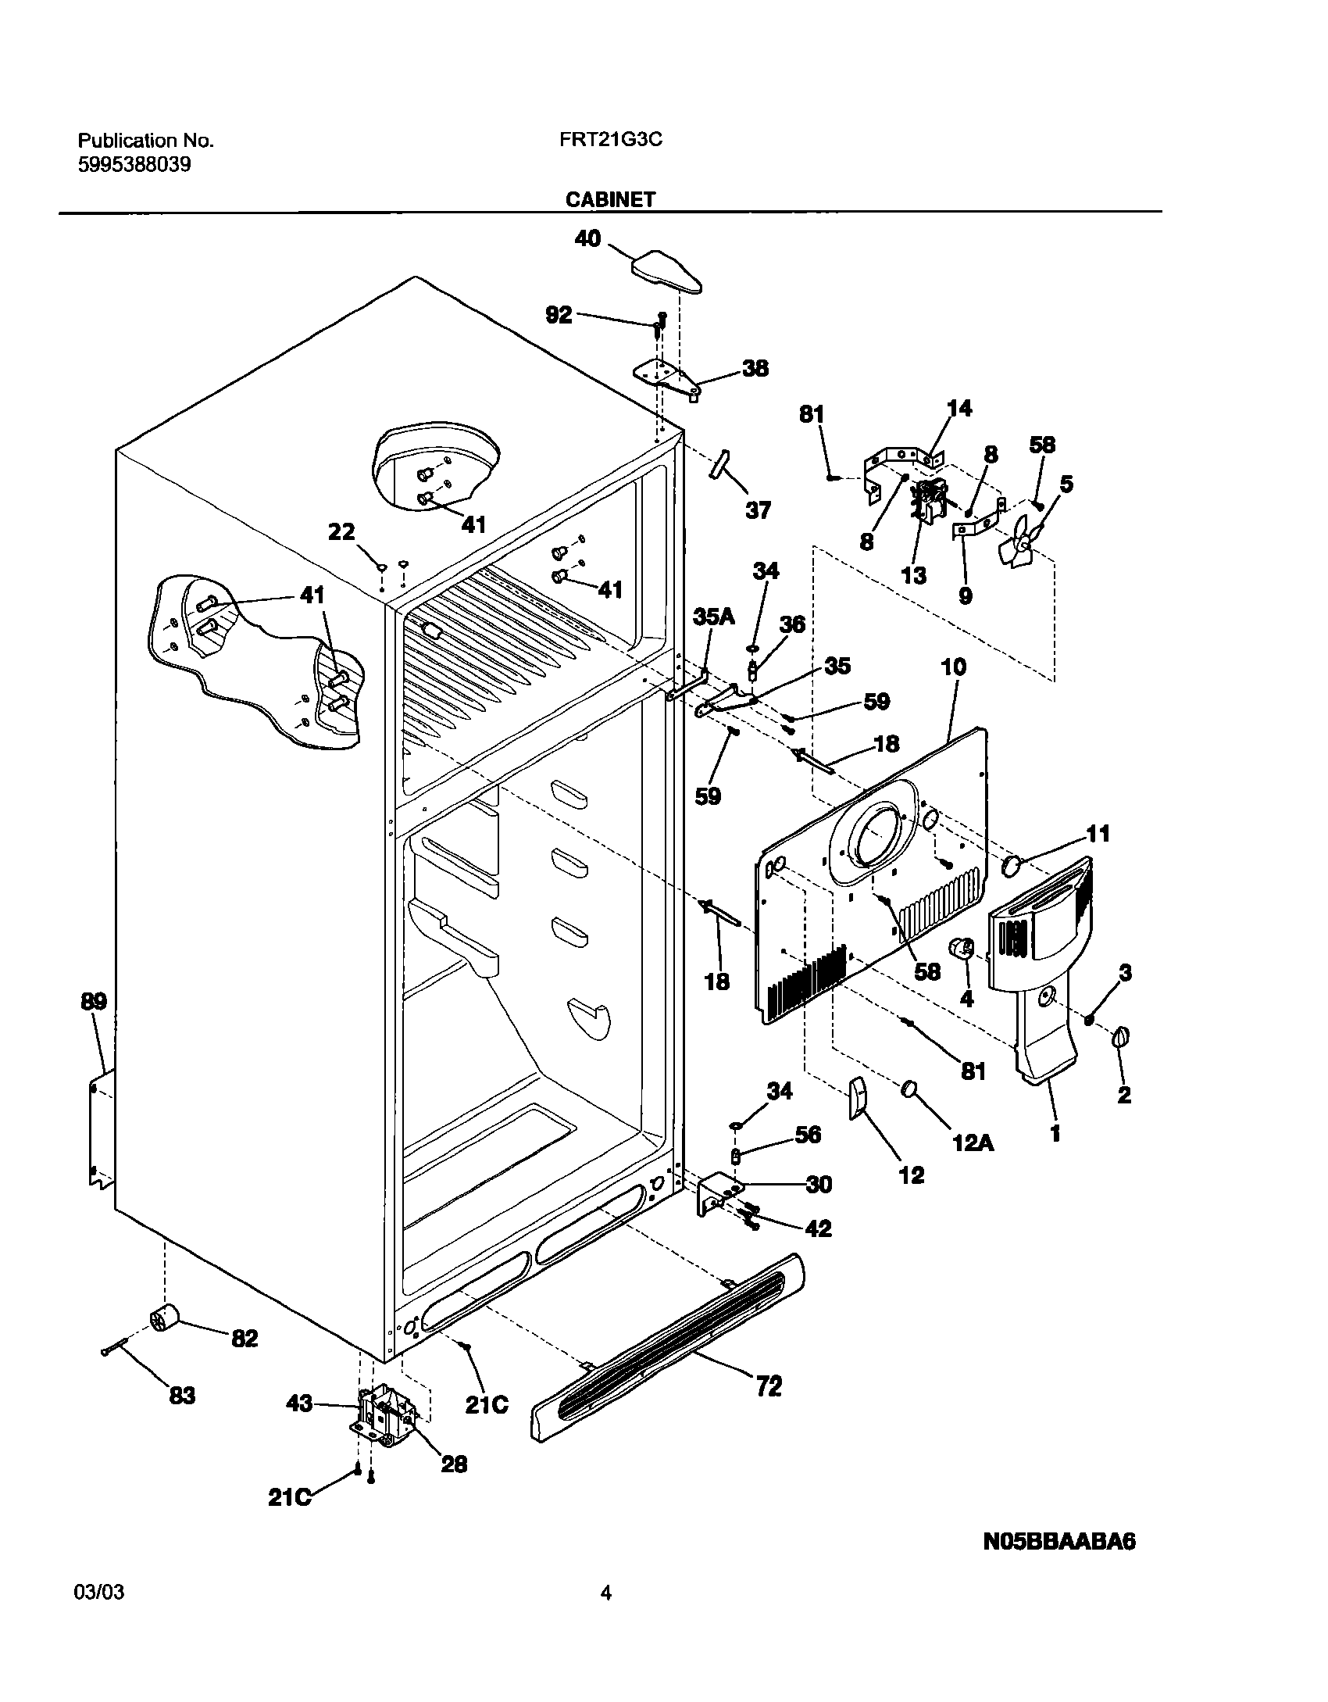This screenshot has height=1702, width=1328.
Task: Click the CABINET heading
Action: click(611, 200)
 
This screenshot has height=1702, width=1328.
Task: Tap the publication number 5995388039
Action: click(134, 166)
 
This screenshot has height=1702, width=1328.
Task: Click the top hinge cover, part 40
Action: click(666, 273)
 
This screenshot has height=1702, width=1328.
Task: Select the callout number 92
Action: click(559, 315)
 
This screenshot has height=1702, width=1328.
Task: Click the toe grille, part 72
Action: click(669, 1361)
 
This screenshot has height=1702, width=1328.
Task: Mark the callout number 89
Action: click(93, 1001)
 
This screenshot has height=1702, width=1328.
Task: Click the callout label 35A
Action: click(714, 617)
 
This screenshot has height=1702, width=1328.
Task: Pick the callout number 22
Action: click(342, 532)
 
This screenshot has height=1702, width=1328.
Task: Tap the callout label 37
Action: click(758, 510)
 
